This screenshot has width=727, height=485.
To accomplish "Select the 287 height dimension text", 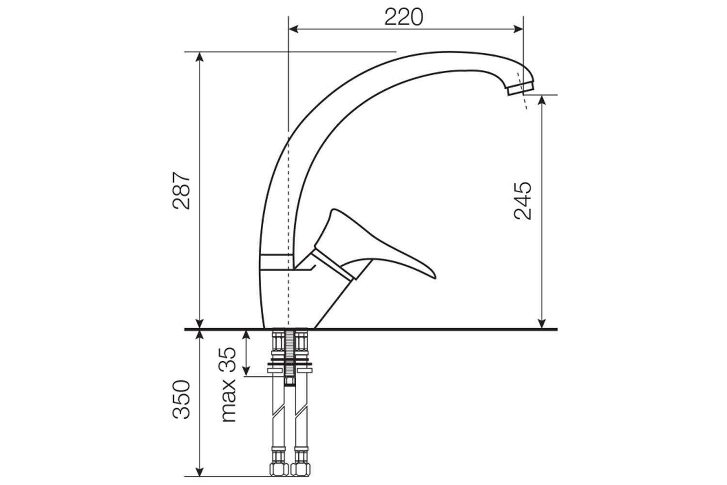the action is click(x=181, y=191).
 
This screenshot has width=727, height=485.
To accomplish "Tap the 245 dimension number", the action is click(x=523, y=201).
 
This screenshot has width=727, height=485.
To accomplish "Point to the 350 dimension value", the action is click(x=181, y=399).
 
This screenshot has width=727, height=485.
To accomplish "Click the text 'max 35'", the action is click(x=228, y=385).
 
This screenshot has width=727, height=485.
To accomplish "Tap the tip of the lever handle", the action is click(x=435, y=277).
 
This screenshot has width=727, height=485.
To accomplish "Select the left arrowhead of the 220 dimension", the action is click(x=293, y=29).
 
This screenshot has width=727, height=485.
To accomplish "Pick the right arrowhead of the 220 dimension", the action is click(x=518, y=29).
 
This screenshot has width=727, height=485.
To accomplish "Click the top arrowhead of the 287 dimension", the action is click(x=200, y=57).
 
